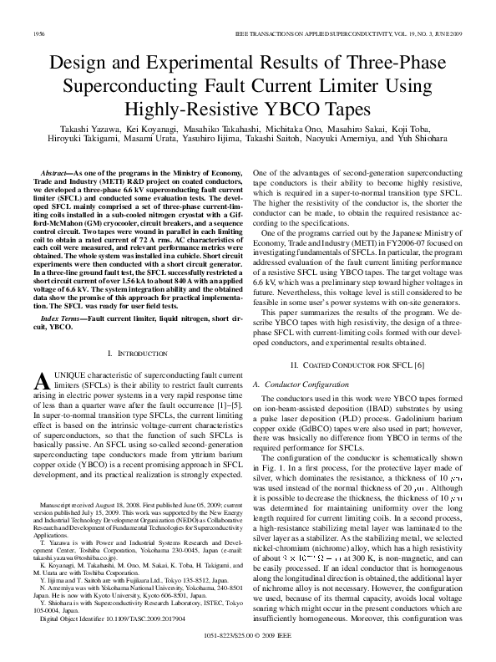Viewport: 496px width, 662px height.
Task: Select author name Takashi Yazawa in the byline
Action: click(x=88, y=131)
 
